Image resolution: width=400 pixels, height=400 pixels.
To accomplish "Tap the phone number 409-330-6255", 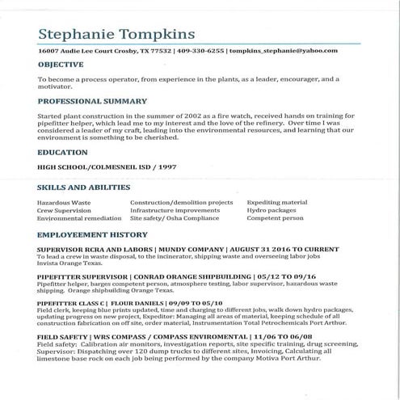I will click(x=200, y=50).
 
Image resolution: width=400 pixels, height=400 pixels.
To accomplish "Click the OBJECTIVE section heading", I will click(x=60, y=64).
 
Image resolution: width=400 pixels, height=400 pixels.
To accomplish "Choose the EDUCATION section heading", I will click(x=62, y=151).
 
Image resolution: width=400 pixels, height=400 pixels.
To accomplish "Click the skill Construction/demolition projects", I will click(x=181, y=202).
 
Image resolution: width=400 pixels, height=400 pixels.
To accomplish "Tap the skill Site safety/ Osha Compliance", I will click(x=175, y=218).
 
